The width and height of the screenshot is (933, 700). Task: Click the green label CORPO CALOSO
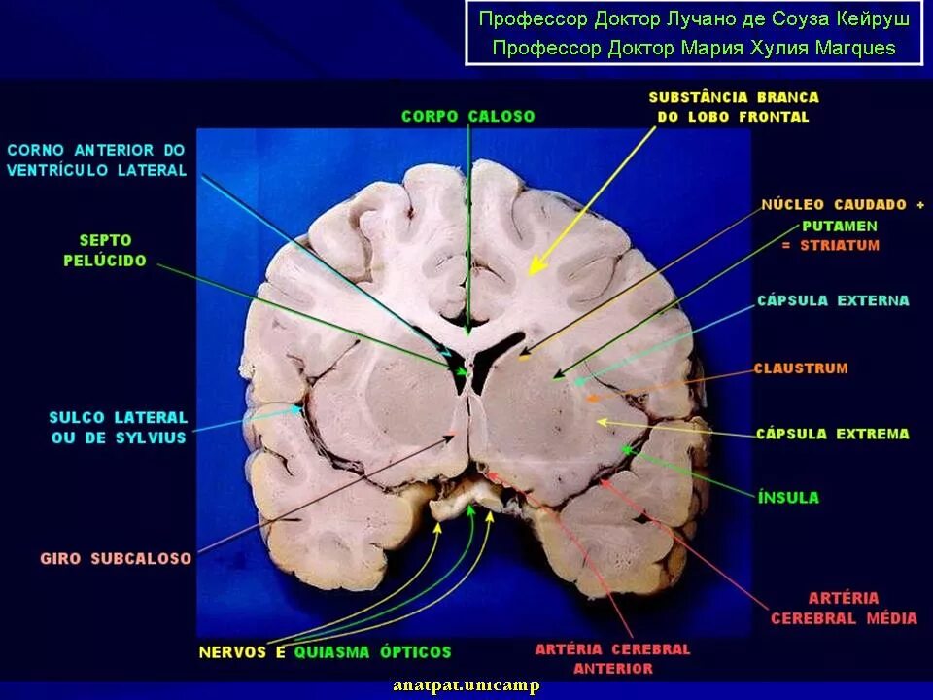[467, 116]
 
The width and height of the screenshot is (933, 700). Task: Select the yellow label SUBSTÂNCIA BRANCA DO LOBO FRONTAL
[733, 107]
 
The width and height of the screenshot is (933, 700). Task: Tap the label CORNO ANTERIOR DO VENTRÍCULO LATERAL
[95, 160]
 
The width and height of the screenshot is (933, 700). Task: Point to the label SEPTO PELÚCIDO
[105, 250]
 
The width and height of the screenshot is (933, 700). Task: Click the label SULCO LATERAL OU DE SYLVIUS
[118, 428]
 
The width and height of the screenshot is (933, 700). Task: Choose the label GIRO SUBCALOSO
[116, 559]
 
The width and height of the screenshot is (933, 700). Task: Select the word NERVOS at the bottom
[233, 651]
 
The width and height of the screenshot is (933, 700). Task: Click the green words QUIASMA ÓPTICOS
[372, 651]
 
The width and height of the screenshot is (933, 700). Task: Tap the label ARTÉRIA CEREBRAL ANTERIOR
[612, 658]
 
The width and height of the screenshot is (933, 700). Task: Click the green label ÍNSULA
[788, 498]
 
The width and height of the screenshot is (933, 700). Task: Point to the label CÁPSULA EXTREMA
[833, 434]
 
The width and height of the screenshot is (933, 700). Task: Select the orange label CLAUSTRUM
[801, 368]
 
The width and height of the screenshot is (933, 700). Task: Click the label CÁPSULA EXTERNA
[833, 301]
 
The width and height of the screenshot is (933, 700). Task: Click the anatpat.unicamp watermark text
[466, 685]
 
